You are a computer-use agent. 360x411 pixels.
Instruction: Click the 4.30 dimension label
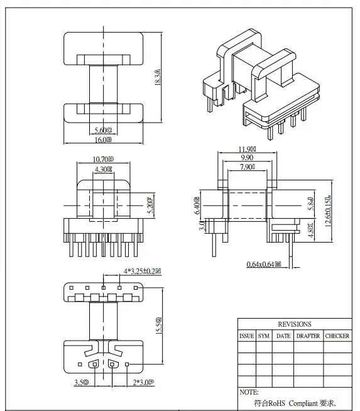(104, 170)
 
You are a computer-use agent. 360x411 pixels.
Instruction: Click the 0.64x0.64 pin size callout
(263, 265)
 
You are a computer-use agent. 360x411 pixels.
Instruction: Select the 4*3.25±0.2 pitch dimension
(141, 271)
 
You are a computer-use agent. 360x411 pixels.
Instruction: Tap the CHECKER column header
(337, 336)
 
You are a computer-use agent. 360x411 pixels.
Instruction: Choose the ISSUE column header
(246, 336)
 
